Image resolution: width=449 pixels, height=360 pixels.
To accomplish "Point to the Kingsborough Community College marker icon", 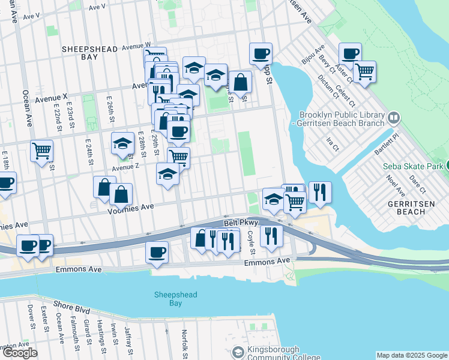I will click(238, 353).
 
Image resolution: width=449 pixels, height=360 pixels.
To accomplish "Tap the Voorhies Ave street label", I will click(131, 206).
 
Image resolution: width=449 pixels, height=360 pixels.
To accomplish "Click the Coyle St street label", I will click(253, 243).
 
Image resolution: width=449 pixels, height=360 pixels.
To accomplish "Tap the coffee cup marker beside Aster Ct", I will click(350, 53).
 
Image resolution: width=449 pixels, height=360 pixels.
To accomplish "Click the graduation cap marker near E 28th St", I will click(122, 143).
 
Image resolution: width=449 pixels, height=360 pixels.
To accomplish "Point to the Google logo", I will click(19, 353).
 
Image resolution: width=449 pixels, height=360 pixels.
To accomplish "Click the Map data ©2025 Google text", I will click(411, 355).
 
